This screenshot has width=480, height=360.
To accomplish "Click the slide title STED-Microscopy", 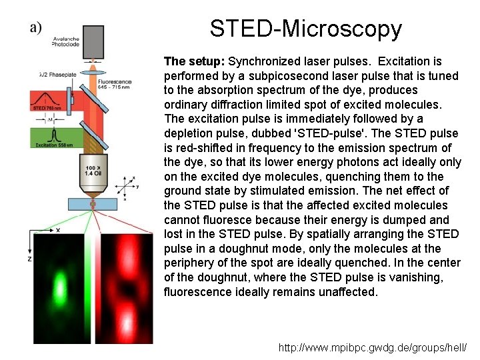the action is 306,29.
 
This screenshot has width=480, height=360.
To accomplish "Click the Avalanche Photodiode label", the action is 66,41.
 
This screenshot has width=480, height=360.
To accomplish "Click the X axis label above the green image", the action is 57,230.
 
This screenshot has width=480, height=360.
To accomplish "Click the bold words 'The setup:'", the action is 194,61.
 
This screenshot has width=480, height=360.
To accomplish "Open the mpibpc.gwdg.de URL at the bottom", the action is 373,348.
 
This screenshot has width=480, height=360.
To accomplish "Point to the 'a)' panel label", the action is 35,28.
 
